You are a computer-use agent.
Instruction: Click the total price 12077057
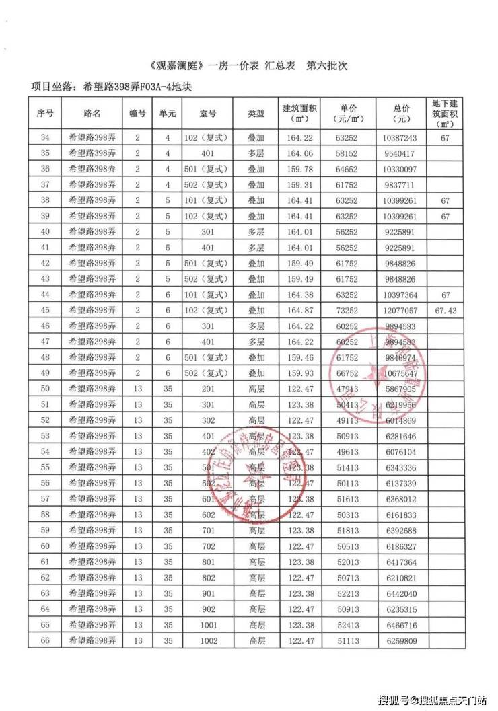pyautogui.click(x=403, y=311)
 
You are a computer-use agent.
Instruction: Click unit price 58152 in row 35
pyautogui.click(x=348, y=153)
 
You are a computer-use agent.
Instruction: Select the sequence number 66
pyautogui.click(x=45, y=641)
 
